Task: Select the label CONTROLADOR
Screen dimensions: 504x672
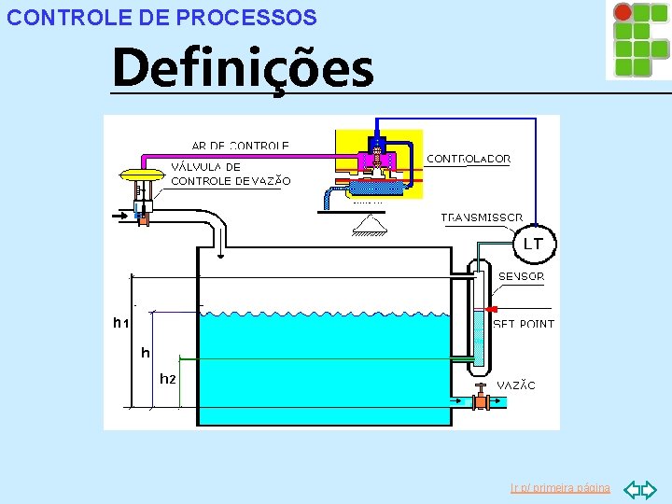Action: (x=469, y=159)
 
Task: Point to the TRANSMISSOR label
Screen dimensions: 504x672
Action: (x=482, y=217)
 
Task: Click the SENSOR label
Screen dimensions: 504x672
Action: (x=521, y=276)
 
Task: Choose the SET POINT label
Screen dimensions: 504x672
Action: (x=524, y=324)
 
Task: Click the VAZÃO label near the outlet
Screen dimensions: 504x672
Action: (x=516, y=385)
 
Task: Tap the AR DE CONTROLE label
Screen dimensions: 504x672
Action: (x=240, y=146)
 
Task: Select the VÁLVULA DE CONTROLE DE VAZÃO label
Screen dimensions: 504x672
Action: (x=231, y=174)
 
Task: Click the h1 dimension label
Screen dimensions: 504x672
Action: (x=119, y=323)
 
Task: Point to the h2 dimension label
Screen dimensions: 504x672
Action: (x=167, y=379)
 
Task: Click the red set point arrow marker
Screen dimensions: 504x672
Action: (x=492, y=309)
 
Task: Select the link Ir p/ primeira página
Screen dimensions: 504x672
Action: (x=560, y=488)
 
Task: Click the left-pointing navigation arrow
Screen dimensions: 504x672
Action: (x=630, y=488)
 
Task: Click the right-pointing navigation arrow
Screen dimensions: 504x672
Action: (x=649, y=488)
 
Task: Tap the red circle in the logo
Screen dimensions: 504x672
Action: (x=623, y=12)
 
